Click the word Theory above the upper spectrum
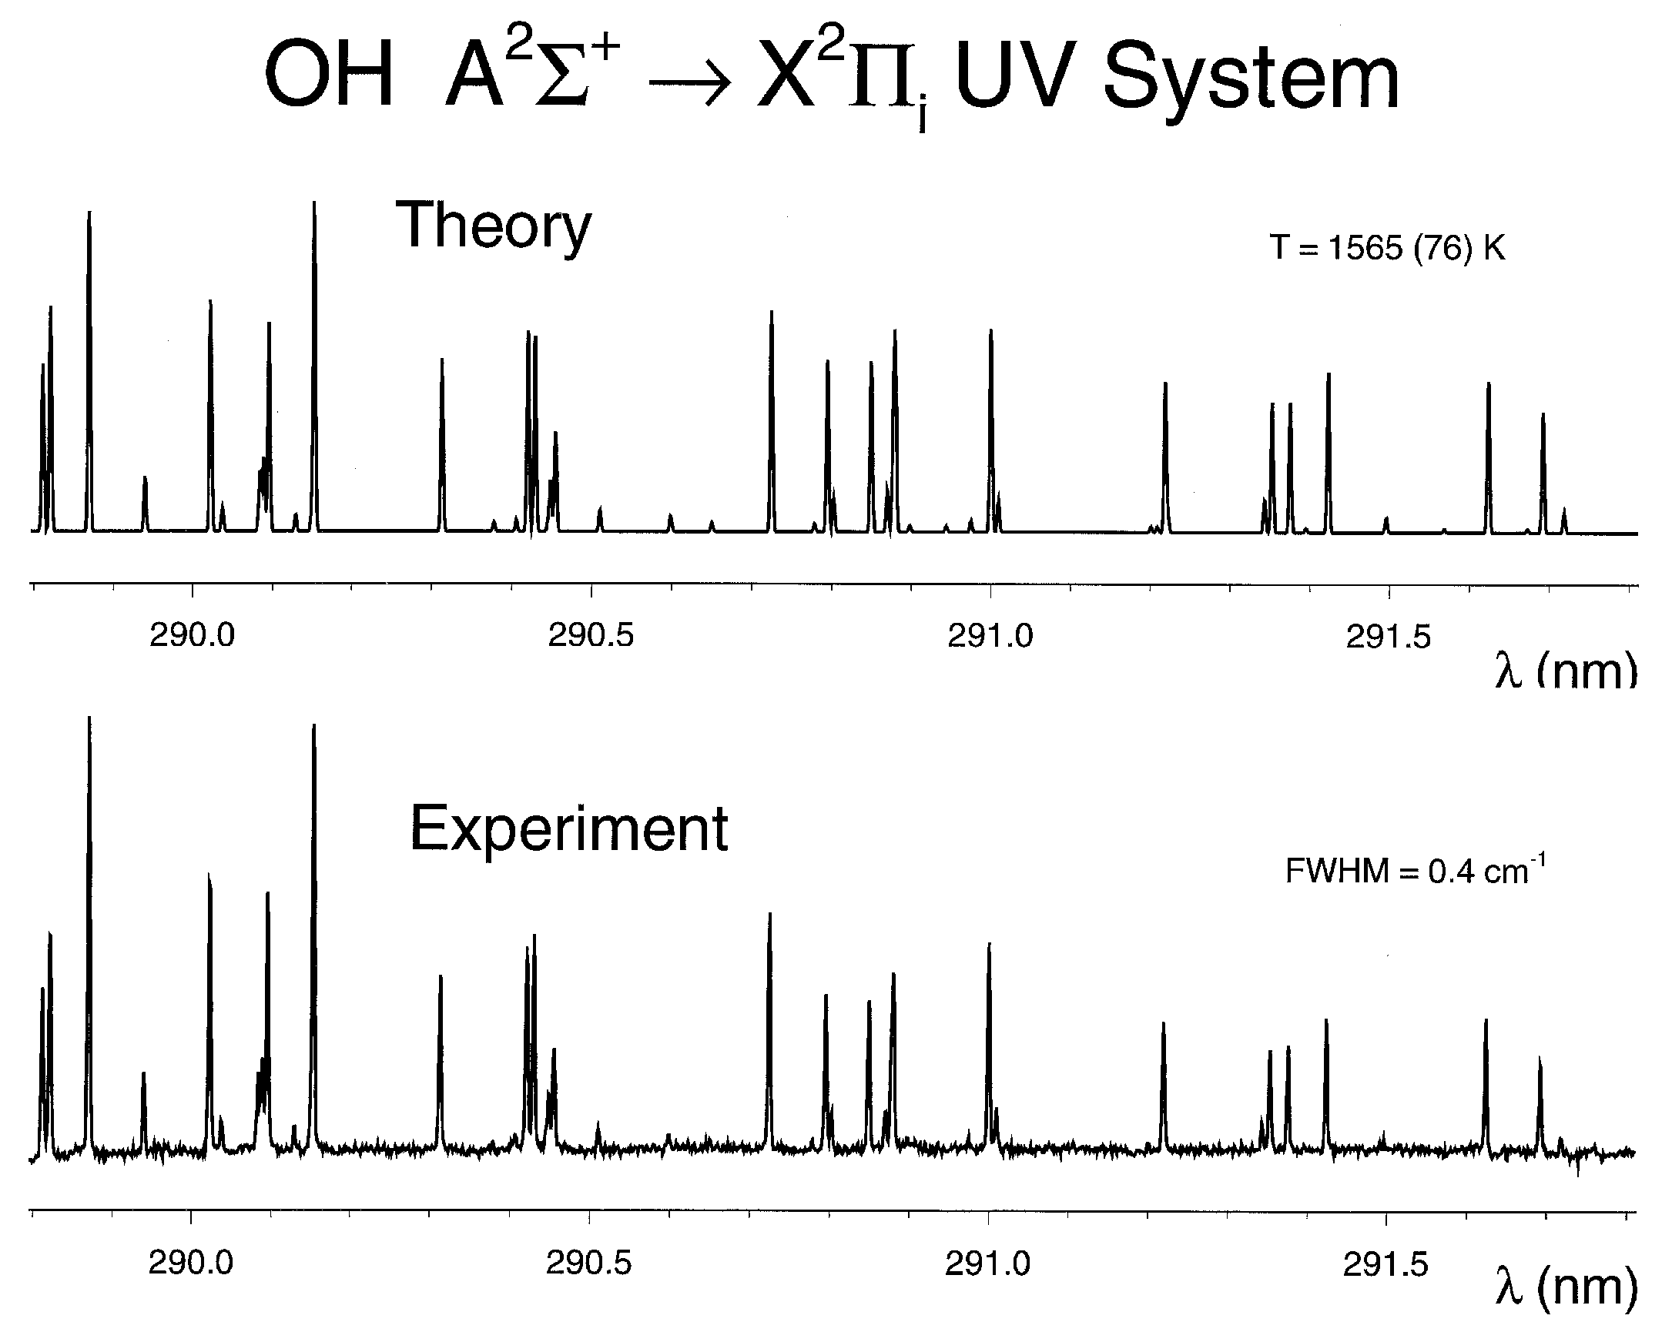(493, 226)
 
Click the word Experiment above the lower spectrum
(568, 828)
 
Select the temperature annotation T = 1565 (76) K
(1386, 248)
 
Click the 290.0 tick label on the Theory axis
(192, 636)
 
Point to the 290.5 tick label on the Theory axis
(590, 636)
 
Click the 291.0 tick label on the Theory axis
(990, 637)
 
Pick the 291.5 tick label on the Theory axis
(1387, 637)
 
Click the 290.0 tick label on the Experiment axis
(191, 1263)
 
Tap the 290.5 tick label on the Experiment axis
(588, 1263)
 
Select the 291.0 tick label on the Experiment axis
(987, 1264)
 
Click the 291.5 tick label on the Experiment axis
(1385, 1264)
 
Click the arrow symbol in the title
(689, 88)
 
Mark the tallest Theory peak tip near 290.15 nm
(314, 203)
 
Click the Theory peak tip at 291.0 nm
(990, 331)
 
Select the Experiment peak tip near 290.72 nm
(769, 914)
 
